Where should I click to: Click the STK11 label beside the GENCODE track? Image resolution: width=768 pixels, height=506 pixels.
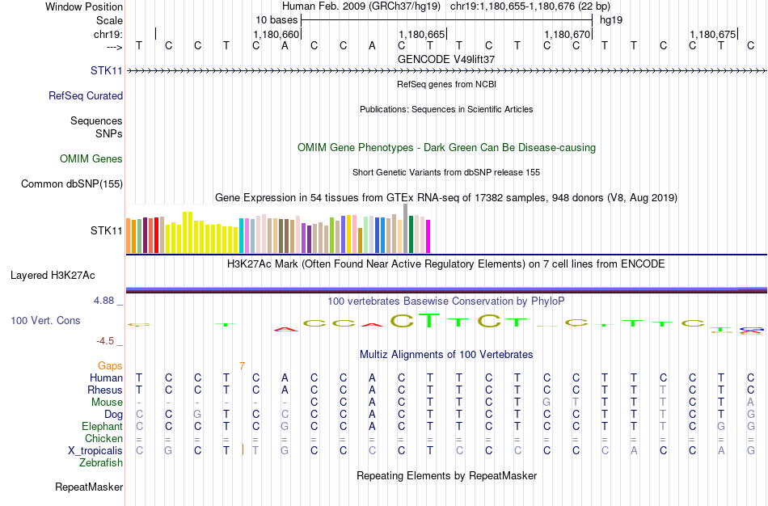click(x=107, y=71)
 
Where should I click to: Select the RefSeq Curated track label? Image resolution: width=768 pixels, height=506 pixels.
click(x=86, y=96)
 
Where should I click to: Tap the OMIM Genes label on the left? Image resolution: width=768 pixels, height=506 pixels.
click(x=91, y=159)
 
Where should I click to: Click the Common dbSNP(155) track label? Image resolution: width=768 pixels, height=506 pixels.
click(x=72, y=184)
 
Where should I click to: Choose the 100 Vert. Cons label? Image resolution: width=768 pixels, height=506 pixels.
click(x=45, y=321)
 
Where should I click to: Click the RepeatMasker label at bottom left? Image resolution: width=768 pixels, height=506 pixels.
click(x=89, y=487)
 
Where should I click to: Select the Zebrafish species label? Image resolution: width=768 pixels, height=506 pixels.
click(x=101, y=463)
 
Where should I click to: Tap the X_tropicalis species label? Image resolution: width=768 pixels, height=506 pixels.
click(x=95, y=451)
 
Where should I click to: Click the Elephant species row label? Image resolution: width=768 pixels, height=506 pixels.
click(x=102, y=427)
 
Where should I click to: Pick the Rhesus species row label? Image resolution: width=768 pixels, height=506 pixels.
click(x=105, y=390)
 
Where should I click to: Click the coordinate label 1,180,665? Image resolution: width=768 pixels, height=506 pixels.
click(x=422, y=35)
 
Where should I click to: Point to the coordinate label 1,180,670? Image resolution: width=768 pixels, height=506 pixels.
click(x=568, y=35)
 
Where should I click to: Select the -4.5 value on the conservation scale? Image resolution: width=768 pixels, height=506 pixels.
click(x=108, y=341)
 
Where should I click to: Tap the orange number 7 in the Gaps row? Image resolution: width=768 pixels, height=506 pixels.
click(x=242, y=366)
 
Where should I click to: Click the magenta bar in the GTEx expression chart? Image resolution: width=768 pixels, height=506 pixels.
click(x=428, y=235)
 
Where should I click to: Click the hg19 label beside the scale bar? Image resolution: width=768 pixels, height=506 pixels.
click(x=610, y=19)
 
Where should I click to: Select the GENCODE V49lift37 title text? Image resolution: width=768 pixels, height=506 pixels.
click(x=446, y=59)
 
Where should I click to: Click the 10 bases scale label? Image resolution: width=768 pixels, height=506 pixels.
click(x=276, y=19)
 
